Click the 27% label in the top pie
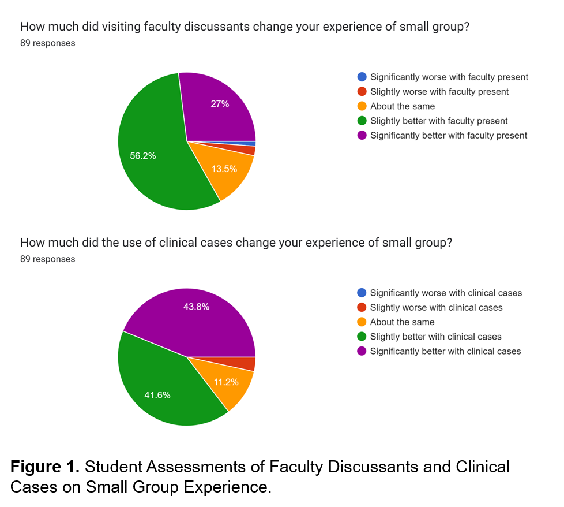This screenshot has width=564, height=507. (220, 105)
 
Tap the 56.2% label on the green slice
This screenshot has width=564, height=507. (142, 156)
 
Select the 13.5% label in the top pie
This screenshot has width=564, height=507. (224, 169)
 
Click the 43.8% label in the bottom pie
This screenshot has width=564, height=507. (196, 307)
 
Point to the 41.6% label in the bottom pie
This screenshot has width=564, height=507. (157, 395)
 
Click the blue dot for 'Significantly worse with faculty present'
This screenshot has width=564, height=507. (362, 77)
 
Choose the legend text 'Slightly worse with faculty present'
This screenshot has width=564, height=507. (439, 91)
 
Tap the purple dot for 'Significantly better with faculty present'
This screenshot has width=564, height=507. (362, 135)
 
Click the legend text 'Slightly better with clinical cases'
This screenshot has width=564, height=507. (436, 337)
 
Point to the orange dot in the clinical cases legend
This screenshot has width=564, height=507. (362, 322)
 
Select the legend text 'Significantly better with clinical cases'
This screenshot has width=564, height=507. (445, 351)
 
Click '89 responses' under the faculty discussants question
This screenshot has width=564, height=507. (47, 43)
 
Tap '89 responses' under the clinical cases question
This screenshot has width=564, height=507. (47, 259)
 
